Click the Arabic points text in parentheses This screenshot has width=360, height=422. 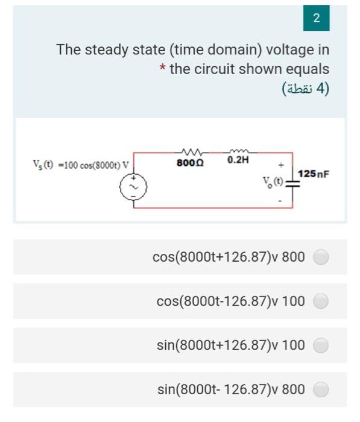[x=306, y=89]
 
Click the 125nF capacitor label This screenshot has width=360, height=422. [x=314, y=174]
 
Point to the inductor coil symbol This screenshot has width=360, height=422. [x=238, y=152]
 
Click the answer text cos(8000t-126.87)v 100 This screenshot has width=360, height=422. [x=230, y=301]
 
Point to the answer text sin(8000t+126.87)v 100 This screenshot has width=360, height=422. [x=230, y=345]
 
